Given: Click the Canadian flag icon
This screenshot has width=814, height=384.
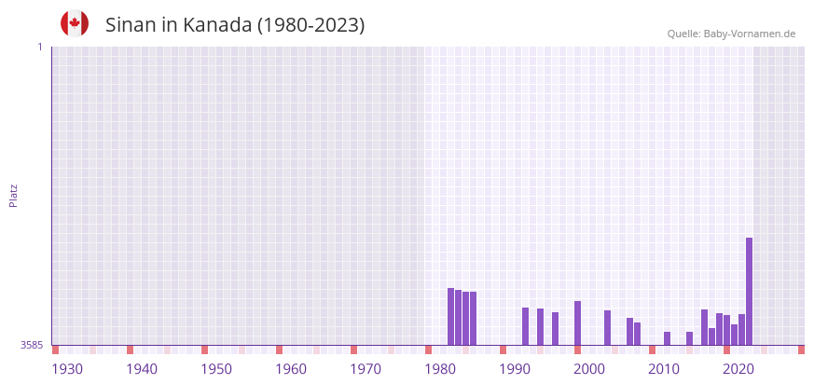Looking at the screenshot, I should click(x=75, y=24).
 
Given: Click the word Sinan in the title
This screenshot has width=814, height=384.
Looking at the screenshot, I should click(x=131, y=25).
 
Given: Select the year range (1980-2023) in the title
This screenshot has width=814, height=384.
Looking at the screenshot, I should click(x=310, y=25).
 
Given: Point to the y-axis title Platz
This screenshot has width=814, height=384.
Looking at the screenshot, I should click(x=13, y=195).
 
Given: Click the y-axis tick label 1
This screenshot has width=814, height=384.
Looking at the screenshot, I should click(x=39, y=47).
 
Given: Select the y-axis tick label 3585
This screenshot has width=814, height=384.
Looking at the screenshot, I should click(x=32, y=345).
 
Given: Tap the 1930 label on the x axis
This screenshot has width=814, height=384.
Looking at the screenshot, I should click(x=67, y=369).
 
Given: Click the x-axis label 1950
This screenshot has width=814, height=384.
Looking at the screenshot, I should click(x=216, y=369).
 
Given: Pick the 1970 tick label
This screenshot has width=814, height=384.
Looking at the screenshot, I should click(x=366, y=369).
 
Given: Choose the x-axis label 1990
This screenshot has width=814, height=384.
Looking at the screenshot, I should click(x=515, y=369).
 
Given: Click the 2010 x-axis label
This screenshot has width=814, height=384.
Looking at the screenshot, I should click(x=664, y=369).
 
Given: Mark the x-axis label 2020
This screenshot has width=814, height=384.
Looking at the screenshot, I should click(x=738, y=369).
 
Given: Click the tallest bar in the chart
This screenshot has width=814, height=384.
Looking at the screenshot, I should click(x=749, y=291).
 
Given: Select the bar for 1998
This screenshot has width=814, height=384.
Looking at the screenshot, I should click(x=577, y=322).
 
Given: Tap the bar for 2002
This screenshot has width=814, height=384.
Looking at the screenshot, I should click(x=607, y=327).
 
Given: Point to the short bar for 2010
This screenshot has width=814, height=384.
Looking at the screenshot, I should click(x=667, y=338).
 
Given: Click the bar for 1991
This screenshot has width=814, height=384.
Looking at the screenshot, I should click(x=525, y=326).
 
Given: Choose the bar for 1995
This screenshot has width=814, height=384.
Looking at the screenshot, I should click(x=555, y=328).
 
